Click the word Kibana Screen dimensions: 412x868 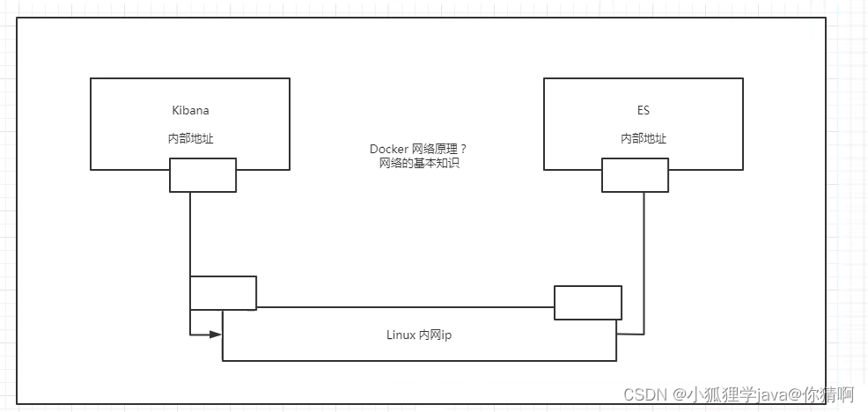[x=190, y=111]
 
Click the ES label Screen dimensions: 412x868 [x=643, y=111]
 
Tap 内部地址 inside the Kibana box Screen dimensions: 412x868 [x=190, y=139]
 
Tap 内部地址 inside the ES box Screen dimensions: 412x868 [x=643, y=139]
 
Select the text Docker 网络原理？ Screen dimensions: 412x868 [x=418, y=150]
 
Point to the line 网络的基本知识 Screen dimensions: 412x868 [x=418, y=164]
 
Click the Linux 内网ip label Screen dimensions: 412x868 [x=419, y=335]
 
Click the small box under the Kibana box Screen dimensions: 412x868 [x=202, y=175]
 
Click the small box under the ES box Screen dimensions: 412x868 [x=635, y=175]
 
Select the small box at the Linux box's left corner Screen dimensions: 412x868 [x=223, y=293]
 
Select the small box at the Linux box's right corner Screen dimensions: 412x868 [x=587, y=303]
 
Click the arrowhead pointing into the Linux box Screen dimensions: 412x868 [x=215, y=335]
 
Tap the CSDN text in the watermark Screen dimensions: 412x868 [x=642, y=394]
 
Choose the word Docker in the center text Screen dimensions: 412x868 [x=388, y=150]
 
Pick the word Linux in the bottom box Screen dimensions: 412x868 [x=401, y=335]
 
